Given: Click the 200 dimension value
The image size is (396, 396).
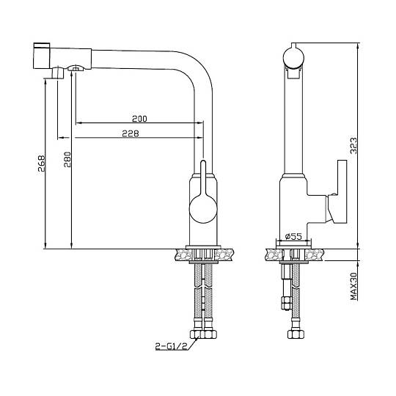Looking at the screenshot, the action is pyautogui.click(x=139, y=119).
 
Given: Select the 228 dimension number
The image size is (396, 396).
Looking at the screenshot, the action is pyautogui.click(x=131, y=133).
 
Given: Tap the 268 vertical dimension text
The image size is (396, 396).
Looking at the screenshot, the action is pyautogui.click(x=41, y=164).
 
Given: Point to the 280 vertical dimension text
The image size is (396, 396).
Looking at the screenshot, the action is pyautogui.click(x=67, y=160).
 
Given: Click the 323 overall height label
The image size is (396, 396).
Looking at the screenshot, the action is pyautogui.click(x=353, y=146).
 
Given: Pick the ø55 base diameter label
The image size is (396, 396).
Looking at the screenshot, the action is pyautogui.click(x=293, y=236).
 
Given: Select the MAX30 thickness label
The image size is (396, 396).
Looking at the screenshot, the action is pyautogui.click(x=354, y=287).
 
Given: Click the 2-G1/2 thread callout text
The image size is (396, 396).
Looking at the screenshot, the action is pyautogui.click(x=171, y=346).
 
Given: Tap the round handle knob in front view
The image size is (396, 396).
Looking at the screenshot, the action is pyautogui.click(x=203, y=209).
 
